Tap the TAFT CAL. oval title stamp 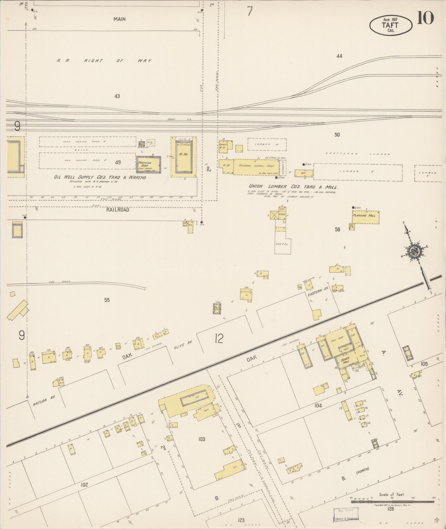point(391,25)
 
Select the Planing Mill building point(365,217)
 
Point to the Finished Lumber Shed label point(256,166)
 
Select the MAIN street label point(119,19)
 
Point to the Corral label point(282,244)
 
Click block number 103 point(202,439)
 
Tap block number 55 point(107,300)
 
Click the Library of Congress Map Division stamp point(346,514)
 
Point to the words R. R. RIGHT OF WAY point(104,61)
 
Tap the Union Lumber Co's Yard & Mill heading point(293,187)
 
